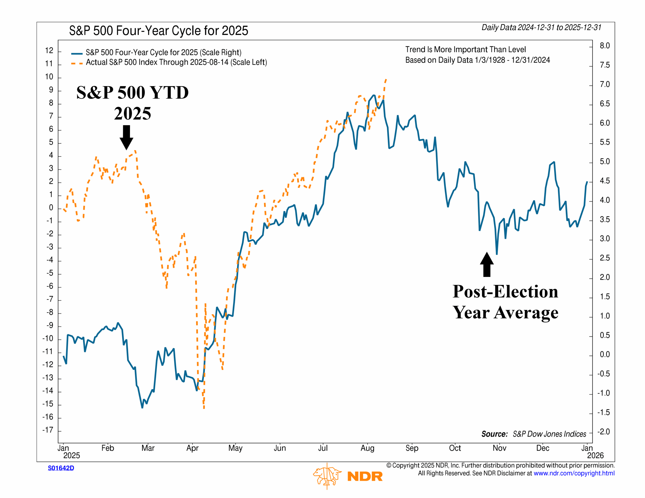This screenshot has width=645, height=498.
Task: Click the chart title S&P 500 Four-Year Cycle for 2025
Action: tap(158, 31)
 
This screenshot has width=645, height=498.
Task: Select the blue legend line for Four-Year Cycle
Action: tap(77, 53)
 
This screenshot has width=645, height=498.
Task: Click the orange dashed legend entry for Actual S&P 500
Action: tap(77, 63)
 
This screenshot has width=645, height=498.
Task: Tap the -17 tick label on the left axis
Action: tap(48, 430)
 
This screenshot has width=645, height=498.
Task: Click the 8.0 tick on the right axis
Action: tap(604, 46)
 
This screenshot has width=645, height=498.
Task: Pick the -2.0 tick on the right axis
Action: tap(603, 432)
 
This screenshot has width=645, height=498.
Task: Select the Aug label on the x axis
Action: tap(367, 448)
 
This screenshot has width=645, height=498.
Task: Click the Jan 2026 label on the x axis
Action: tap(591, 452)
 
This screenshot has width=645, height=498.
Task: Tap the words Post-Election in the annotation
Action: tap(505, 292)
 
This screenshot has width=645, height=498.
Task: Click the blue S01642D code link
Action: tap(61, 468)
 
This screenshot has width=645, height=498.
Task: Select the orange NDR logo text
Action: tap(365, 476)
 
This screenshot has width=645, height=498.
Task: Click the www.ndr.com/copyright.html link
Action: tap(574, 473)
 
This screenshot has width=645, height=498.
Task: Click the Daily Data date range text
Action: tap(541, 27)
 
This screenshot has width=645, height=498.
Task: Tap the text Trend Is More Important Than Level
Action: tap(465, 49)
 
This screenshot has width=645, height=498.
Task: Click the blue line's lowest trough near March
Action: tap(142, 408)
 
